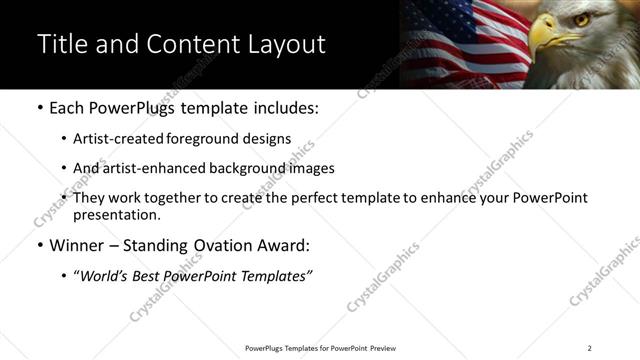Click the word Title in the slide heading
62,45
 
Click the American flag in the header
455,40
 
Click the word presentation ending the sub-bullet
113,214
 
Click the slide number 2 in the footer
589,348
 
